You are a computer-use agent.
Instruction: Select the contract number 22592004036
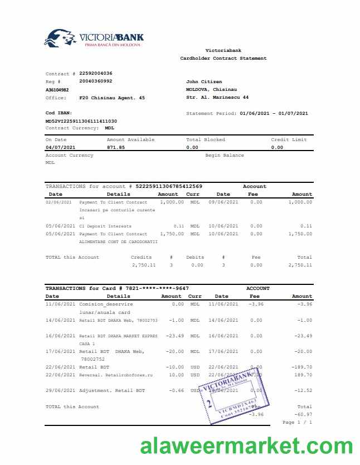coord(95,73)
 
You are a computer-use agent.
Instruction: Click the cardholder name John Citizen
coord(204,81)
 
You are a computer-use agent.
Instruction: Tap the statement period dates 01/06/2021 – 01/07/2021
coord(274,113)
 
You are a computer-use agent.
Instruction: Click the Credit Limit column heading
coord(289,139)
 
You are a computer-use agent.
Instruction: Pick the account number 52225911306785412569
coord(169,186)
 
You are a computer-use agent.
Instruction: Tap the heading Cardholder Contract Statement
coord(223,58)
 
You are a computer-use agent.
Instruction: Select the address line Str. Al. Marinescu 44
coord(217,97)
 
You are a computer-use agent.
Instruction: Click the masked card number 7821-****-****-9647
coord(161,288)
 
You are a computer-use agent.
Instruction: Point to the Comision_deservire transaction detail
coord(106,304)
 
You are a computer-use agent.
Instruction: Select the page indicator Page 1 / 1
coord(297,422)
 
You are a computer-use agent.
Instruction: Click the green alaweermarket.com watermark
coord(246,447)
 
